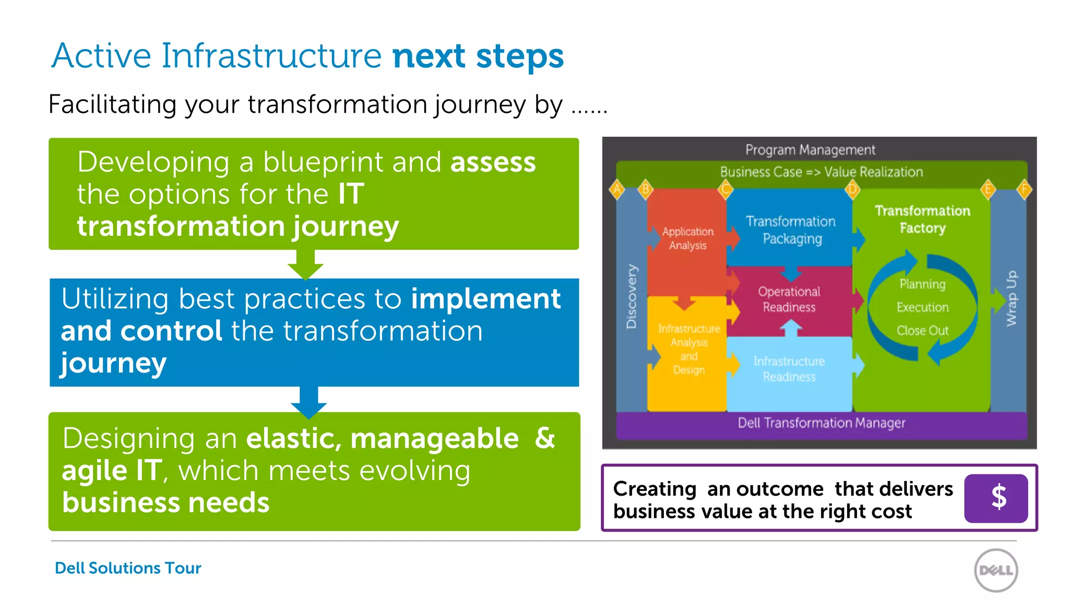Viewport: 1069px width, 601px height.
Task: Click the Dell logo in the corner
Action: [x=996, y=570]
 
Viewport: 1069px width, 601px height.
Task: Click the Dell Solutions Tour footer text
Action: [x=128, y=568]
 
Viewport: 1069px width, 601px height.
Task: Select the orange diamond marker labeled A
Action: [x=617, y=189]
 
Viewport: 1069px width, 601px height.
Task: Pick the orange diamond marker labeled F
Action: [x=1024, y=189]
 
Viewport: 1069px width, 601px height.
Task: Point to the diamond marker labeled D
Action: [x=852, y=189]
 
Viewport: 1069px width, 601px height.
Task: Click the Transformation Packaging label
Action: [x=791, y=230]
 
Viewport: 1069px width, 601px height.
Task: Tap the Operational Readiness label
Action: [x=789, y=299]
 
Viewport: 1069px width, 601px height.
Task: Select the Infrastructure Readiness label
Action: [x=789, y=369]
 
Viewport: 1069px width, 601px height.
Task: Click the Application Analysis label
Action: [x=687, y=238]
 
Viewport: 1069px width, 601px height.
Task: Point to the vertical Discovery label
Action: [x=632, y=296]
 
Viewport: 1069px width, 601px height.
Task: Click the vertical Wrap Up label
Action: [x=1011, y=298]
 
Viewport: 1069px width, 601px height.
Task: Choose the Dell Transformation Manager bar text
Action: [x=821, y=423]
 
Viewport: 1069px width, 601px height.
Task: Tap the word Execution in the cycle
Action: [x=922, y=307]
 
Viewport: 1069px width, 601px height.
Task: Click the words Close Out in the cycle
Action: [x=922, y=330]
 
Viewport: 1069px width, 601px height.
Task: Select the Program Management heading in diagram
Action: [x=810, y=150]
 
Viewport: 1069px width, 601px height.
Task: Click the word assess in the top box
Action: [x=493, y=162]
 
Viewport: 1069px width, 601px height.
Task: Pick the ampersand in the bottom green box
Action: [x=544, y=438]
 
